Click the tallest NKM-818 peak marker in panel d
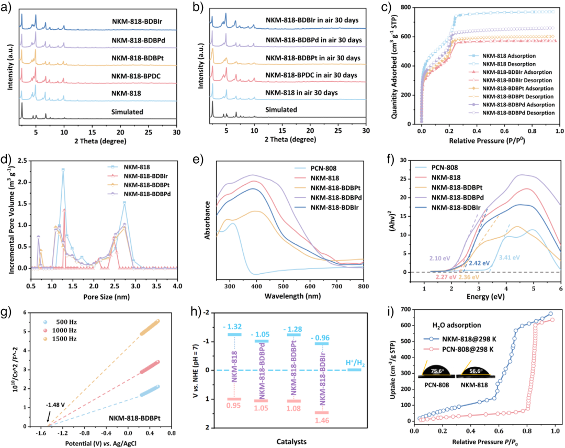pos(63,170)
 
